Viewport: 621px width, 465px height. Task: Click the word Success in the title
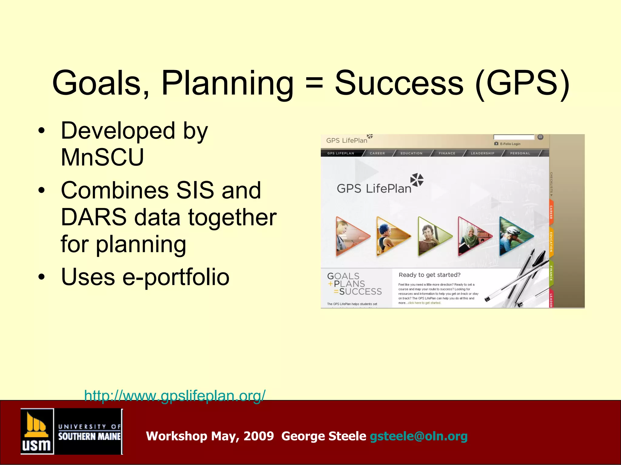click(x=399, y=83)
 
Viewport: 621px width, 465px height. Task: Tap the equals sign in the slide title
click(x=314, y=83)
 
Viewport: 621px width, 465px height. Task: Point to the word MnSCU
click(x=102, y=157)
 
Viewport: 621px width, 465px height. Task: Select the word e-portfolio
click(x=176, y=277)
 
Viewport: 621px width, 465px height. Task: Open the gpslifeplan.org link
click(x=175, y=395)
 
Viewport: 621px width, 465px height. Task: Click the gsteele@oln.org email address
click(x=418, y=436)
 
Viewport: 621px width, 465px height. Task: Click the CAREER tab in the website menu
click(x=377, y=153)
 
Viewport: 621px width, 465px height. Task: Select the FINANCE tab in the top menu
click(x=447, y=153)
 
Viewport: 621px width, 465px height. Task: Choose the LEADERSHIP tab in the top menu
click(x=482, y=153)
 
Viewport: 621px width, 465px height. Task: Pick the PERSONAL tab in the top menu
click(x=520, y=153)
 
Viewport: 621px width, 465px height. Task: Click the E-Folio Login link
click(x=510, y=144)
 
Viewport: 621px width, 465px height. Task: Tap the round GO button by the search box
click(x=540, y=137)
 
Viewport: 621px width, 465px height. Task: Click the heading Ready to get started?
click(x=429, y=275)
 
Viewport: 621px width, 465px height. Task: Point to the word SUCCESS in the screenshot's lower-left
click(x=360, y=292)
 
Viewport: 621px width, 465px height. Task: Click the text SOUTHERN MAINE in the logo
click(x=89, y=436)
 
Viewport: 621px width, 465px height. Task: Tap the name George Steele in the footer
click(x=324, y=436)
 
